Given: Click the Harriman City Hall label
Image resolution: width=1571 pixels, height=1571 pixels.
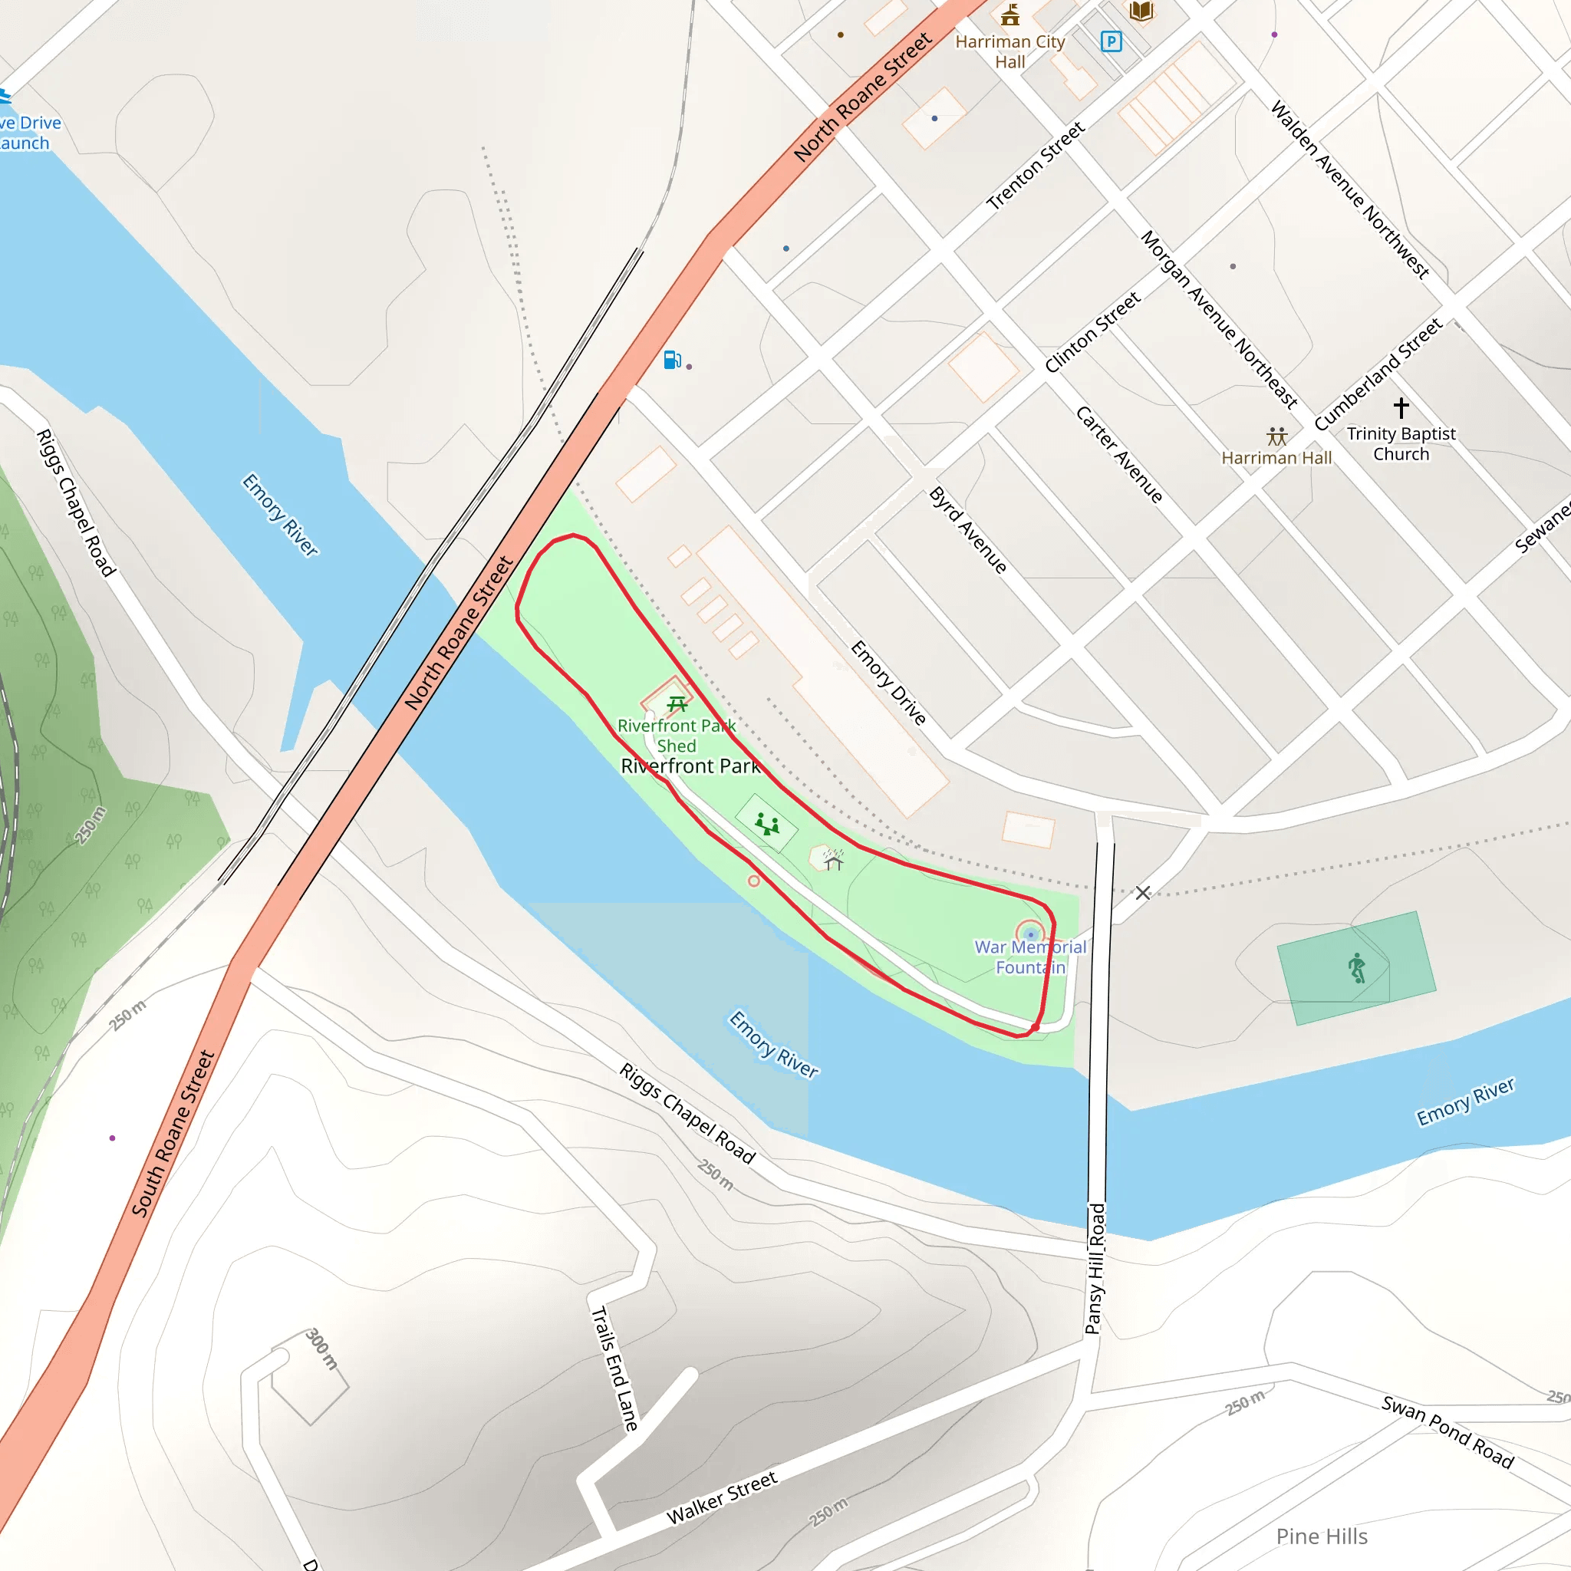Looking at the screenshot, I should tap(1010, 51).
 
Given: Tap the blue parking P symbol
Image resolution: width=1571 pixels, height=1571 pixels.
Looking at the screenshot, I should tap(1111, 41).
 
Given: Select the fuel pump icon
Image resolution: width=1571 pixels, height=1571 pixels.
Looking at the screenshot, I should tap(673, 360).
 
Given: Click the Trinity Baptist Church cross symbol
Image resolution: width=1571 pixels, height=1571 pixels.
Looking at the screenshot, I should tap(1401, 407).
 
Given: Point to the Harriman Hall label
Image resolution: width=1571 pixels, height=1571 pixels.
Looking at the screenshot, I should tap(1276, 458).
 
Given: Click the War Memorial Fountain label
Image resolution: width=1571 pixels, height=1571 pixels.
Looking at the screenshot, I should tap(1030, 957).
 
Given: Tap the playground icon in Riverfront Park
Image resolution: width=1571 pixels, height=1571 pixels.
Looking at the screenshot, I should tap(767, 825).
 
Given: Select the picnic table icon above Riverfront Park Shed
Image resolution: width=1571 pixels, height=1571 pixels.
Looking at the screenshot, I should tap(677, 703).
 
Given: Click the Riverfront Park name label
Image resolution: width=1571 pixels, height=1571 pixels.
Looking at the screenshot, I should tap(690, 766).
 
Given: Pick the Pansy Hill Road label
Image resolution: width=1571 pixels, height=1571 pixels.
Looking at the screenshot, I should tap(1095, 1269).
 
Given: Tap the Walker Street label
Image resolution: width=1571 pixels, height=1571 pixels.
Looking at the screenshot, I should tap(722, 1498).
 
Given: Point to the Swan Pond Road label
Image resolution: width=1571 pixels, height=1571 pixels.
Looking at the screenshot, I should tap(1447, 1432).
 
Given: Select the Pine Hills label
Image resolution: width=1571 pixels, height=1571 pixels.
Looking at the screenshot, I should tap(1322, 1536).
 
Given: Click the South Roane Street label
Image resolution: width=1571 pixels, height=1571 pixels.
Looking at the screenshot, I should tap(173, 1134).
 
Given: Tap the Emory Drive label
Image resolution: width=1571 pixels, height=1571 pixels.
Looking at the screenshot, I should tap(888, 682).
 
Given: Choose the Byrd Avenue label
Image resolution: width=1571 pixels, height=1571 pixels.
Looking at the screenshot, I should tap(967, 530).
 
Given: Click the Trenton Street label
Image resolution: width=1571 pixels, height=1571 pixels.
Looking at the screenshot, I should tap(1035, 166).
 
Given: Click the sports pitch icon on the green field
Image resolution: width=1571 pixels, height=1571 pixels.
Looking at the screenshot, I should tap(1356, 967).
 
